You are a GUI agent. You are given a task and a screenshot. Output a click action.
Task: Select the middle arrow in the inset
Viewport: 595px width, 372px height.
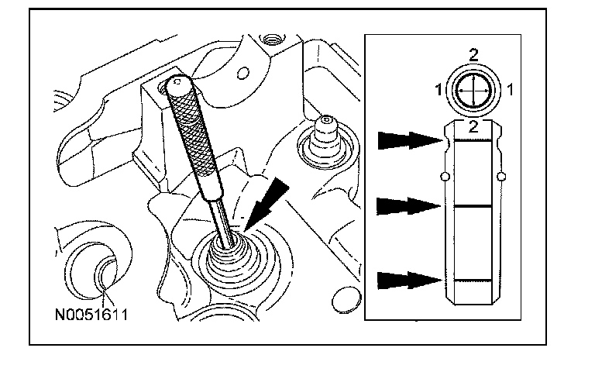tap(408, 206)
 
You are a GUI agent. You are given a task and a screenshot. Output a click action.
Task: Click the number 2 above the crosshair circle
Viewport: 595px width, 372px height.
tap(473, 54)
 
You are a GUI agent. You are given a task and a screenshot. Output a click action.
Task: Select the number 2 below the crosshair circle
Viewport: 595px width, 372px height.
tap(473, 124)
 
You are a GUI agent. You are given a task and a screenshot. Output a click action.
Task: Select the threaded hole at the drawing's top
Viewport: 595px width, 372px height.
tap(270, 36)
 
